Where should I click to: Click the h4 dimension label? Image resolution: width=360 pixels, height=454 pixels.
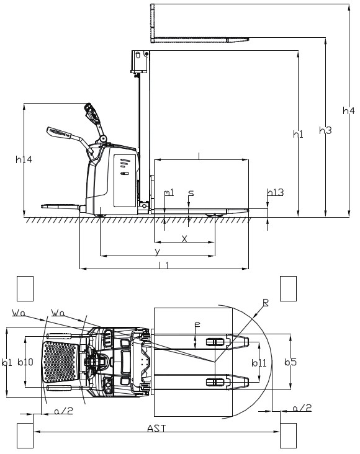coord(348,110)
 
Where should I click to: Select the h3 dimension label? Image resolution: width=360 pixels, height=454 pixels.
coord(325,130)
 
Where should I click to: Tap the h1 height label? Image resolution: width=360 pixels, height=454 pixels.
coord(298,134)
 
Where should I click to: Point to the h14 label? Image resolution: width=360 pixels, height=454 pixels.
coord(24,159)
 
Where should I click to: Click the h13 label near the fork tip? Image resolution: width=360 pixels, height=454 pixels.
coord(276,192)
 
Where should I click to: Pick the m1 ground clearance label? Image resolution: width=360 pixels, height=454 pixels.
coord(169,192)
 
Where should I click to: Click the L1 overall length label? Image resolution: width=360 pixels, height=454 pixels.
coord(164,265)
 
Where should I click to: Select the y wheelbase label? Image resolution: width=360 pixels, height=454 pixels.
coord(158,252)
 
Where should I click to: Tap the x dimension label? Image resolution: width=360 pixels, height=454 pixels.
coord(184,239)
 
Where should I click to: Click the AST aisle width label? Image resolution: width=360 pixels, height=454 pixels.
coord(156,428)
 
